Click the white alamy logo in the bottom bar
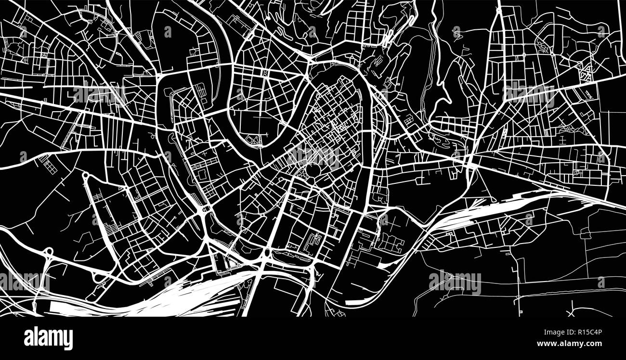[48, 338]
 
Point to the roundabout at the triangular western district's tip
[85, 175]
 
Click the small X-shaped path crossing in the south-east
[571, 312]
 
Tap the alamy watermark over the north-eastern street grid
[529, 92]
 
